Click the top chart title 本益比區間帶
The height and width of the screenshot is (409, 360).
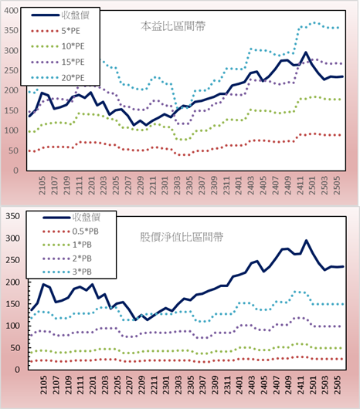click(x=173, y=26)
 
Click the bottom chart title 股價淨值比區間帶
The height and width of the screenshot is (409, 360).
click(x=182, y=237)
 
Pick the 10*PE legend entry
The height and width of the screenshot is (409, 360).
click(x=58, y=46)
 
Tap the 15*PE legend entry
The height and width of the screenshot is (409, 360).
click(x=58, y=62)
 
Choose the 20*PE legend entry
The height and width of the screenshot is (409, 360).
click(x=58, y=78)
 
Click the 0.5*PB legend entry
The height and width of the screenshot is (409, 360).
click(x=70, y=232)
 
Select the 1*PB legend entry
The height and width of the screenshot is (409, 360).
click(x=67, y=245)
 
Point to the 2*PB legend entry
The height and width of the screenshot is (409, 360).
click(x=67, y=259)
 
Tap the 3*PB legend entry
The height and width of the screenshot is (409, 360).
click(x=67, y=272)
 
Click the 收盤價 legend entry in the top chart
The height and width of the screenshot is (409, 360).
click(x=60, y=15)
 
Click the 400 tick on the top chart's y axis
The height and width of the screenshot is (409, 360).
click(x=12, y=11)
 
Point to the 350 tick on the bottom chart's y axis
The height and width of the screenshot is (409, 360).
click(x=12, y=216)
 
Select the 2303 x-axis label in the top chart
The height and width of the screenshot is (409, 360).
click(x=177, y=185)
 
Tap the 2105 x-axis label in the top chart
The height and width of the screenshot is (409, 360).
click(x=42, y=185)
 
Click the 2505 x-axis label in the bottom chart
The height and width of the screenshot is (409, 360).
click(x=338, y=385)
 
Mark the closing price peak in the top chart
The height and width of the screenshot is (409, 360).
click(x=306, y=52)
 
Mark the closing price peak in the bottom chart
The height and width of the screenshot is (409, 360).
click(x=306, y=241)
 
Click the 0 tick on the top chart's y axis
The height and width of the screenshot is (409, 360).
click(x=16, y=171)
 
